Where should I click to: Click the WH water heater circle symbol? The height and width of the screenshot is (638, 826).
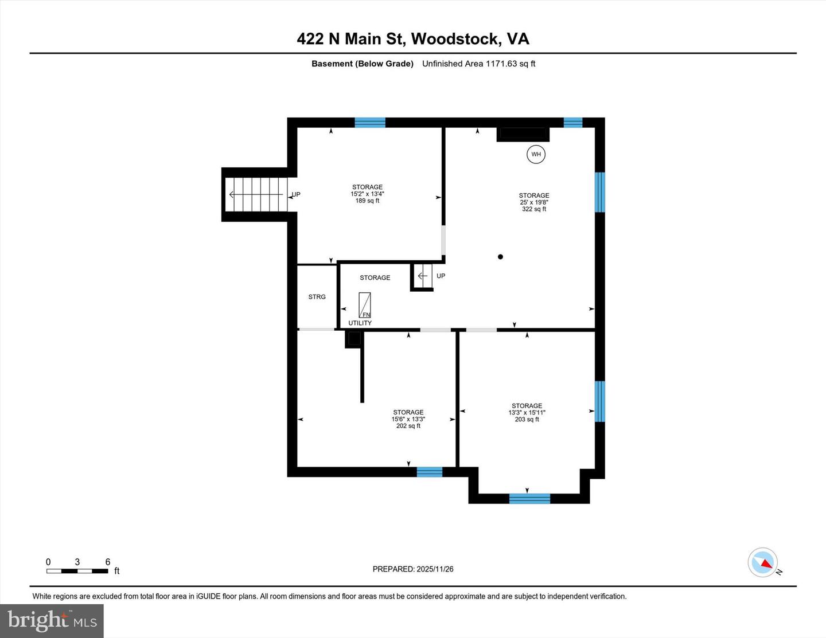(536, 154)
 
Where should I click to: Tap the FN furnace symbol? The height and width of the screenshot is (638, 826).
(365, 305)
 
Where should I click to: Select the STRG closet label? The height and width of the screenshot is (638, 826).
(317, 297)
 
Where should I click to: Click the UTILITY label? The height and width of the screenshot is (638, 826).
(360, 323)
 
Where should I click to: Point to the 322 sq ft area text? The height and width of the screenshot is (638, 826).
(533, 209)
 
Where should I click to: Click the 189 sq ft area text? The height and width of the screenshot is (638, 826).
(367, 201)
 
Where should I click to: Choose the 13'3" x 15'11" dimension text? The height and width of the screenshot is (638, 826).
(527, 413)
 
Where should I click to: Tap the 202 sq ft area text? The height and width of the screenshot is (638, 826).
(408, 426)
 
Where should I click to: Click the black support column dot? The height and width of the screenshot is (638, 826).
(500, 257)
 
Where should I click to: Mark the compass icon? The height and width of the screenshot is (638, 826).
(762, 562)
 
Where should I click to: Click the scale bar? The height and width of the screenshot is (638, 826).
(77, 571)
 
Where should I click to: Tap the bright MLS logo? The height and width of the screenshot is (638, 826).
(52, 620)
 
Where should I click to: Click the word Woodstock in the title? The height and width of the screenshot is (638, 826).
(455, 39)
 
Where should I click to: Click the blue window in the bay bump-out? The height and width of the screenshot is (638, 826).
(529, 499)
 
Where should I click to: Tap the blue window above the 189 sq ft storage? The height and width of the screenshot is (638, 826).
(370, 122)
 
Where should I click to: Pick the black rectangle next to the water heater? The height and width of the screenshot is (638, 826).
(523, 134)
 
